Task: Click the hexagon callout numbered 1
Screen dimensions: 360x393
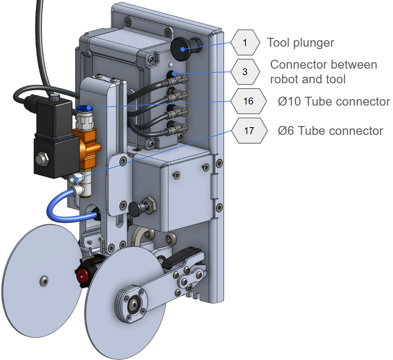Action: tap(245, 42)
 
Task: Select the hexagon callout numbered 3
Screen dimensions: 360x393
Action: tap(245, 72)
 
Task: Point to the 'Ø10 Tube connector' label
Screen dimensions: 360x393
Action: tap(334, 101)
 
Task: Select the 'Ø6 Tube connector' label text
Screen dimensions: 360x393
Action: tap(330, 131)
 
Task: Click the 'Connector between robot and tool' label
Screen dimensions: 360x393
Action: tap(324, 72)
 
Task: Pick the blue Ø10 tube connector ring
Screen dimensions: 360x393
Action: tap(84, 108)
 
